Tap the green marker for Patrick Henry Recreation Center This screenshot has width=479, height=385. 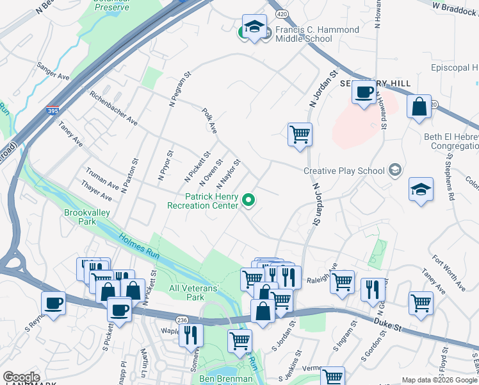click(248, 201)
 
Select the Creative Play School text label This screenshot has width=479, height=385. click(343, 170)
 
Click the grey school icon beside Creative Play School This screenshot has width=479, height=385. click(395, 169)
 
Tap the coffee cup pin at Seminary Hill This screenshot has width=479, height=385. click(364, 92)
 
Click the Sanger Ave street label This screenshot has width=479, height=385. click(53, 71)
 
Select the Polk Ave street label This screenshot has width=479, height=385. click(210, 121)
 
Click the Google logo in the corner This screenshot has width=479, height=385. click(21, 377)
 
